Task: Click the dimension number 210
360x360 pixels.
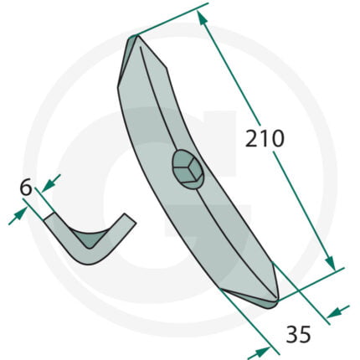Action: point(265,138)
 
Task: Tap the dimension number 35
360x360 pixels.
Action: point(298,334)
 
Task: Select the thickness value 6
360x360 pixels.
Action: point(26,188)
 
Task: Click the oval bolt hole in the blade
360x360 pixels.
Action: point(188,170)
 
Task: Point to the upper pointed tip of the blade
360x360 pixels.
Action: point(136,36)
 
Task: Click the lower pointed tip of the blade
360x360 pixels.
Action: point(277,300)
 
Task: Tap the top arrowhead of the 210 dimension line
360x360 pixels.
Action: point(203,18)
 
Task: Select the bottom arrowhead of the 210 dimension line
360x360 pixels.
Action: point(330,263)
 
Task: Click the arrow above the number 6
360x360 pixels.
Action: point(51,183)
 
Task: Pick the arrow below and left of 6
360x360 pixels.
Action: point(18,216)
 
